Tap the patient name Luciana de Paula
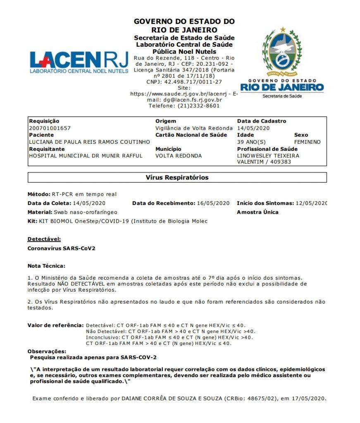pos(89,142)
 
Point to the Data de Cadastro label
pos(261,121)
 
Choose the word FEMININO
pos(307,142)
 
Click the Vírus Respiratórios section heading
pos(177,178)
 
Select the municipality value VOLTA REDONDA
pos(179,156)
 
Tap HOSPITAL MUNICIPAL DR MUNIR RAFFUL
pos(86,156)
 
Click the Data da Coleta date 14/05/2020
pos(89,203)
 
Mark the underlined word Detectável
pos(44,239)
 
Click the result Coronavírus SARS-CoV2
pos(61,248)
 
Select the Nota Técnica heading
pos(46,266)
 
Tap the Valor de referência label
pos(55,325)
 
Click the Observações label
pos(47,351)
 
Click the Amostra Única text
pos(257,212)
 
